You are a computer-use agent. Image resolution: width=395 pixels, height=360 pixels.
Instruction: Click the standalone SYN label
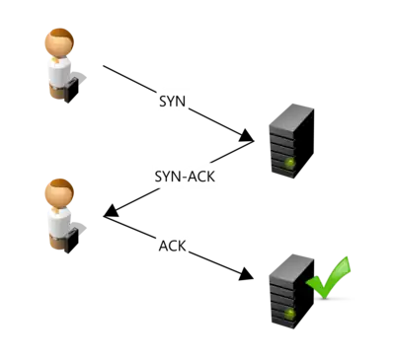[170, 101]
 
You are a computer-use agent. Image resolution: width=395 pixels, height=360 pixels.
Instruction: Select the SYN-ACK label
[184, 177]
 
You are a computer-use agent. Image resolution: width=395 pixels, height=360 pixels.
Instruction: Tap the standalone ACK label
[172, 245]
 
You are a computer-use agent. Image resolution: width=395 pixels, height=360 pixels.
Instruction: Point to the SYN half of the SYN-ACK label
[167, 178]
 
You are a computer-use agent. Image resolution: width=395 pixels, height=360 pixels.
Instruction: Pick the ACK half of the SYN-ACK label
[200, 177]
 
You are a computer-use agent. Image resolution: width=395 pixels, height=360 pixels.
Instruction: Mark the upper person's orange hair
[58, 35]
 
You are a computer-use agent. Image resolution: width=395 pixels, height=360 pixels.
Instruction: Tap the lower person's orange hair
[58, 183]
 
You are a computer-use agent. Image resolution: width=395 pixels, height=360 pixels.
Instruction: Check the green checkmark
[330, 277]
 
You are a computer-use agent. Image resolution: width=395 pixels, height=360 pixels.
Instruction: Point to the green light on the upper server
[289, 162]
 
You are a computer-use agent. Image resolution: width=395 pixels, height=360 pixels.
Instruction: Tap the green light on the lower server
[289, 313]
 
